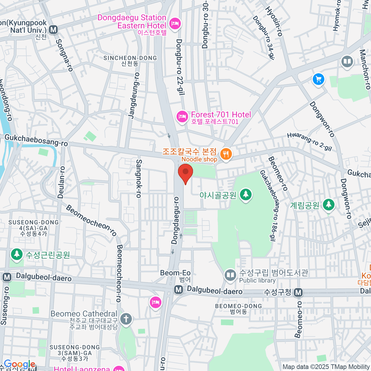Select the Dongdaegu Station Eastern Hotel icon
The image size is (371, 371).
[175, 23]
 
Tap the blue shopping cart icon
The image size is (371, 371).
[318, 79]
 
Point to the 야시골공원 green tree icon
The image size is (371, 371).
[246, 194]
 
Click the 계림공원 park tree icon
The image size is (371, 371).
[328, 205]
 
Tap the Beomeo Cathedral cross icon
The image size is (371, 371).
[126, 319]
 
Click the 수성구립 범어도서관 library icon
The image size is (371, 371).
[230, 275]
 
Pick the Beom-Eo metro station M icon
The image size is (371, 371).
[178, 290]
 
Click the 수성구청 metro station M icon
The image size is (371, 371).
[298, 292]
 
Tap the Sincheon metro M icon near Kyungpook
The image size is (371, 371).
[53, 30]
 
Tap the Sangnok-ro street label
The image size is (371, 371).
[139, 178]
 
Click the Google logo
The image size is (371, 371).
[19, 365]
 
